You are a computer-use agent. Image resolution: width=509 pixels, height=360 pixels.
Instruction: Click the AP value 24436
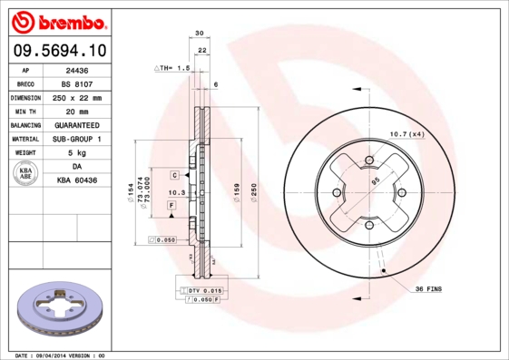pyautogui.click(x=77, y=69)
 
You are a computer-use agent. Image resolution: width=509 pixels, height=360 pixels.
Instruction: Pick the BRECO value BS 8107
pyautogui.click(x=77, y=83)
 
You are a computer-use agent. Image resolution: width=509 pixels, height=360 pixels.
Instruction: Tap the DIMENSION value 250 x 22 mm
pyautogui.click(x=77, y=97)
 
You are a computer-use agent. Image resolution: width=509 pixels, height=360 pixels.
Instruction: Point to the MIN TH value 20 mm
pyautogui.click(x=77, y=111)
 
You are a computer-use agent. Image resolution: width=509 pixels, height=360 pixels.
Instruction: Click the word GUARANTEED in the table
pyautogui.click(x=77, y=124)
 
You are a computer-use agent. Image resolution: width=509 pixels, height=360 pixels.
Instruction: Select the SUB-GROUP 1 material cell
pyautogui.click(x=77, y=139)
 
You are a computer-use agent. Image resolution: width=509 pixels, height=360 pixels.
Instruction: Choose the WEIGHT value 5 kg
pyautogui.click(x=77, y=153)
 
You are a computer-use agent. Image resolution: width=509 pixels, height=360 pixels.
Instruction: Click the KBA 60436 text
pyautogui.click(x=77, y=180)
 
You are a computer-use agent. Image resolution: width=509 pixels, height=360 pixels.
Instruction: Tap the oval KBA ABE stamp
pyautogui.click(x=26, y=174)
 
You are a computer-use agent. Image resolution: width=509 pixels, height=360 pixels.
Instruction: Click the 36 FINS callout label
pyautogui.click(x=429, y=288)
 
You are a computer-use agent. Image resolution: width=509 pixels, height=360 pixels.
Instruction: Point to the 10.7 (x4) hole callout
pyautogui.click(x=406, y=134)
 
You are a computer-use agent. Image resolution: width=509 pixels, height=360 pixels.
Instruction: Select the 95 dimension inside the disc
pyautogui.click(x=375, y=180)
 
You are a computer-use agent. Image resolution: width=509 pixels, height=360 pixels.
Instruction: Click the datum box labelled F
pyautogui.click(x=171, y=207)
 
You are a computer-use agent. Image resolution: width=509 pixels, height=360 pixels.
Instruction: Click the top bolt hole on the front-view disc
pyautogui.click(x=369, y=161)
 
